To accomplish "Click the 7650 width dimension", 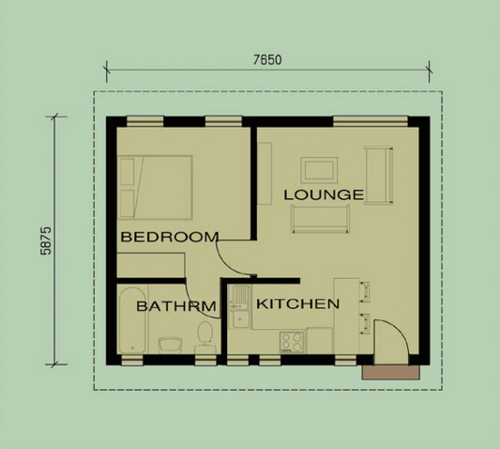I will pos(267,58).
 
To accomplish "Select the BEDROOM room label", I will pos(170,237).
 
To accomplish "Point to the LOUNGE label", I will pos(324,194).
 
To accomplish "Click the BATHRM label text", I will pos(176,306).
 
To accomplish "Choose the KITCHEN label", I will pos(297,304).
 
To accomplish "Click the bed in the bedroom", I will pos(155,185).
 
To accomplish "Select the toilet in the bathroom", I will pos(205,336).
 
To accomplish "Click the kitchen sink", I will pos(240,306).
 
